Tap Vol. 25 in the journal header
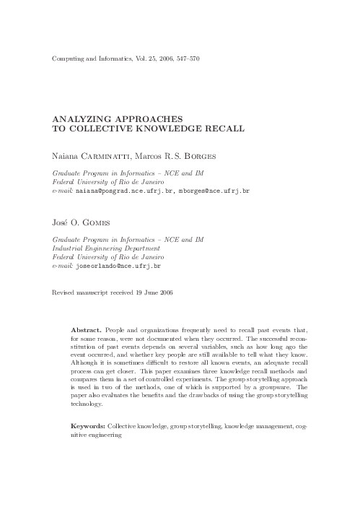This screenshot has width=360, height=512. coord(140,56)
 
